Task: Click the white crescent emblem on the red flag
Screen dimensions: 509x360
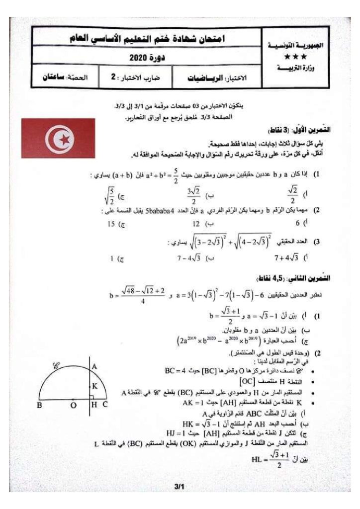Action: pos(58,138)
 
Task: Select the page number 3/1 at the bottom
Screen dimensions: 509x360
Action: pos(180,488)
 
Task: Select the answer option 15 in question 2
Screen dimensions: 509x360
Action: pos(114,224)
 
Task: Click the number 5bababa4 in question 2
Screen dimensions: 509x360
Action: pos(161,210)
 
